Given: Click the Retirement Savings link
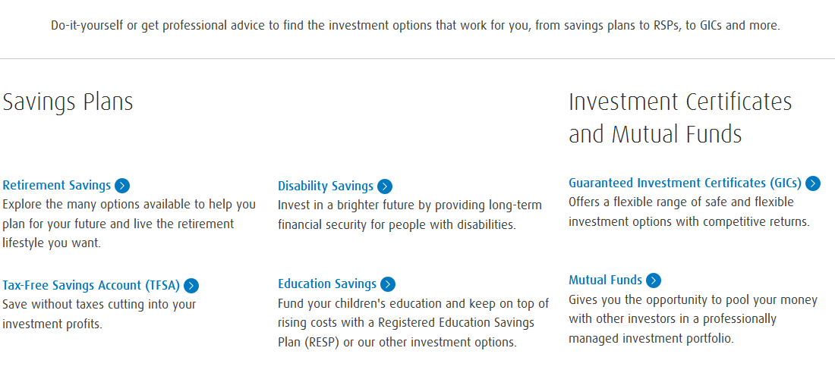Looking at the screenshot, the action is (x=56, y=186).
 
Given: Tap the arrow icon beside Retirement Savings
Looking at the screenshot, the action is (x=122, y=186).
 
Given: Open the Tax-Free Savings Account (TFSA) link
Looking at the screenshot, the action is (x=91, y=286).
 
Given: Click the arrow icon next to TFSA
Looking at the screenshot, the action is (x=191, y=286).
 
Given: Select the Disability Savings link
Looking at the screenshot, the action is (x=326, y=186).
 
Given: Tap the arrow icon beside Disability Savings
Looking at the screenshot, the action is (x=385, y=186).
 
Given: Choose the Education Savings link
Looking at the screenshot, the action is (x=327, y=284).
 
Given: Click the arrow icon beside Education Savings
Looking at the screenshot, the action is (x=388, y=284).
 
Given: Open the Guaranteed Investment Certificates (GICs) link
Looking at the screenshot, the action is (x=685, y=183).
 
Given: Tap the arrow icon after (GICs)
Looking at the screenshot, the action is (x=813, y=183).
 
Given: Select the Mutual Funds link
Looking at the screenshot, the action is (x=606, y=280).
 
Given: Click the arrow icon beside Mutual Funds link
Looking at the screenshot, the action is (x=654, y=280).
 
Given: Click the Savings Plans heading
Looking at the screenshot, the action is (x=68, y=102).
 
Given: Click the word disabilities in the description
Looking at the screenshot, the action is (x=486, y=225).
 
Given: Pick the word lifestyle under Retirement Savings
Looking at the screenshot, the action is (x=24, y=243).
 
